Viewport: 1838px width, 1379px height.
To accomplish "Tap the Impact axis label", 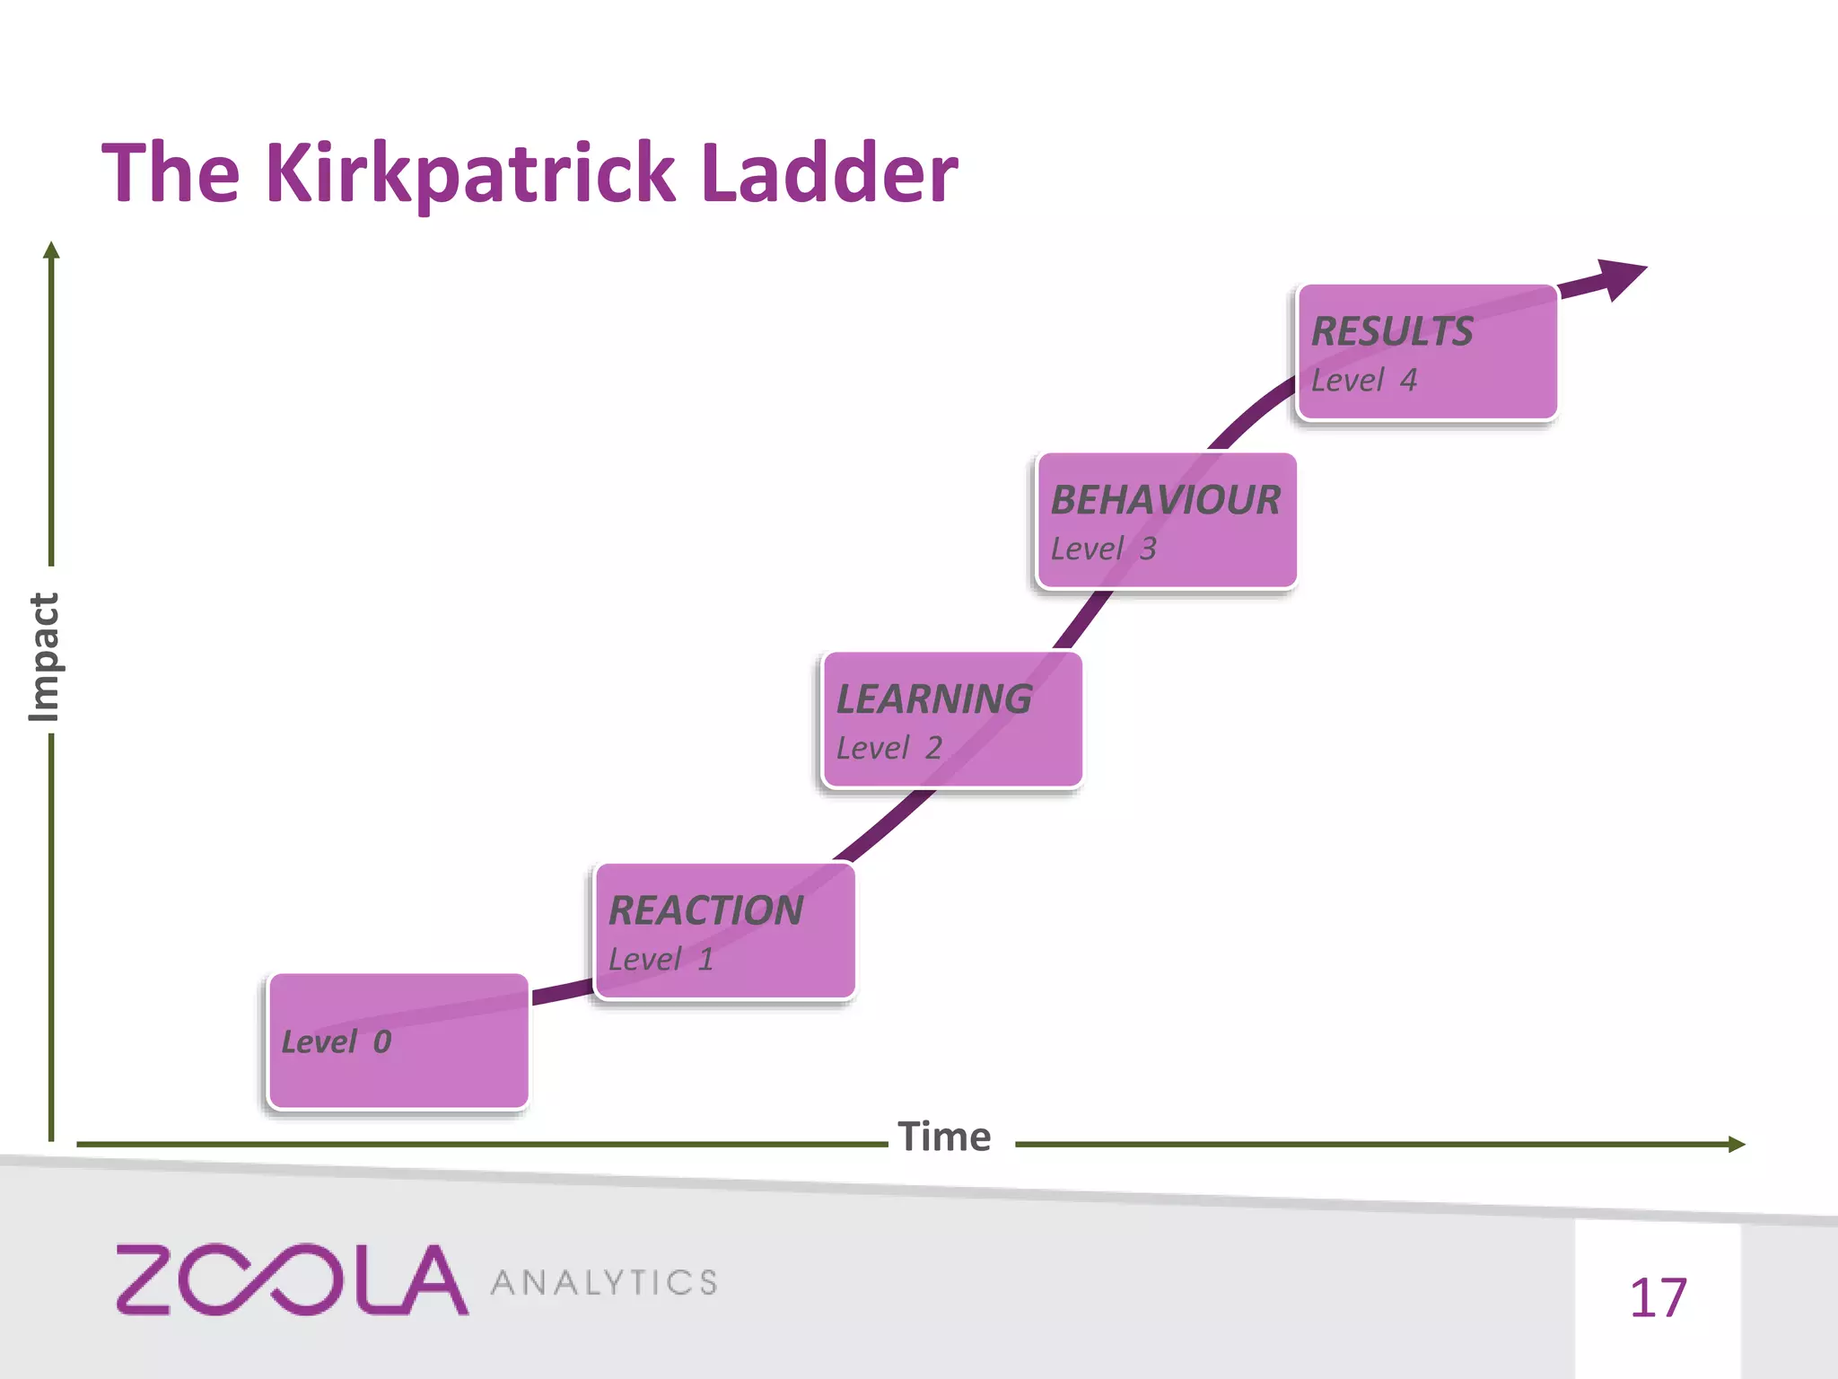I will pos(44,656).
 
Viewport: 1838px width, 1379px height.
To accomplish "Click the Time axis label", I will pos(944,1137).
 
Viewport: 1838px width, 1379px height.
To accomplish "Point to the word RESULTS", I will pos(1392,331).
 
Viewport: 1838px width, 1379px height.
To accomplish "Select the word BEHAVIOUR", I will pos(1165,500).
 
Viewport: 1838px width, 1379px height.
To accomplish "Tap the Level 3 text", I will pos(1103,549).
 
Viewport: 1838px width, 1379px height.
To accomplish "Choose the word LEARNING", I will pos(934,699).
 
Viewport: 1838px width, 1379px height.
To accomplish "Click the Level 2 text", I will pos(888,748).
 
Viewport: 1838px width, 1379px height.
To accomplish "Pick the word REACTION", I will pos(705,910).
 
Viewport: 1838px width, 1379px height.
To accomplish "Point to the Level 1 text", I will pos(661,960).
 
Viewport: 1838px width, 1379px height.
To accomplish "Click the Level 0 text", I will pos(337,1042).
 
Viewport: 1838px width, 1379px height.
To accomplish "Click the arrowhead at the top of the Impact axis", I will pos(51,250).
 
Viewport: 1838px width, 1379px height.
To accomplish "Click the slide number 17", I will pos(1658,1298).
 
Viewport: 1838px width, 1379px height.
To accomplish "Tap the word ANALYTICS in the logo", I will pos(604,1283).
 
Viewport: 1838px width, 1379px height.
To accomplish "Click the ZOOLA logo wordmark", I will pos(292,1279).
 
